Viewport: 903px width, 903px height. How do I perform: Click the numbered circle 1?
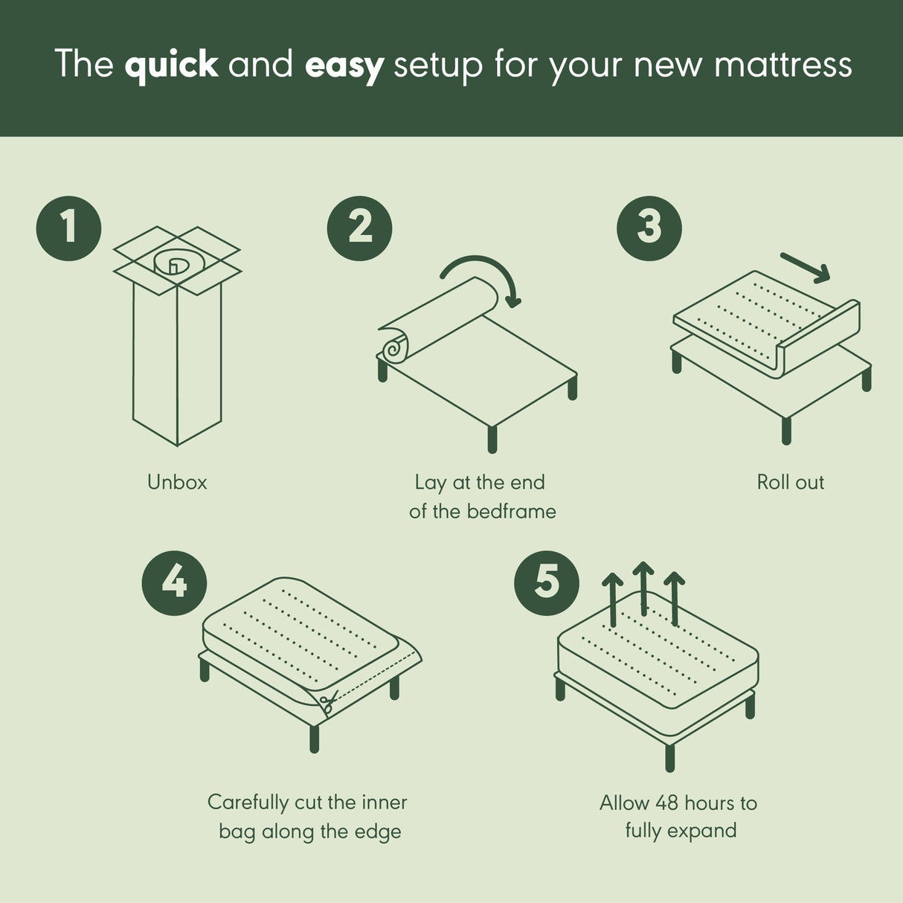(x=69, y=227)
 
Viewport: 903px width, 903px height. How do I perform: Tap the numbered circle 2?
(x=360, y=227)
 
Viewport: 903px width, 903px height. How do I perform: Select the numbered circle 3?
(x=649, y=227)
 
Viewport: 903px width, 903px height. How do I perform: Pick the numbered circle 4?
(x=174, y=582)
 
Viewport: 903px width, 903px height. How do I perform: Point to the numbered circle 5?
(x=547, y=582)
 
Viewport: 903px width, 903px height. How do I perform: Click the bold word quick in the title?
(x=171, y=65)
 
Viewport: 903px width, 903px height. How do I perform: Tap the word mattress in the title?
(x=783, y=65)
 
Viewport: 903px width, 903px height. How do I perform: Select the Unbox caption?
(x=177, y=482)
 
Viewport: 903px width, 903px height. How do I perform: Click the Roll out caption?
(x=790, y=482)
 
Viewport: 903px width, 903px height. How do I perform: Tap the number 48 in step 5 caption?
(x=666, y=803)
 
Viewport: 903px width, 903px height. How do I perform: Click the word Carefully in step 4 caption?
(x=248, y=803)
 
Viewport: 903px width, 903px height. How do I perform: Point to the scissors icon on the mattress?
(x=328, y=701)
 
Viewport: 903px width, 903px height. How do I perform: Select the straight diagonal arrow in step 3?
(x=805, y=268)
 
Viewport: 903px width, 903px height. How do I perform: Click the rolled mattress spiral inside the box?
(x=173, y=262)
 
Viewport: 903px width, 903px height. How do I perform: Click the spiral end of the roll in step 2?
(x=394, y=347)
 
